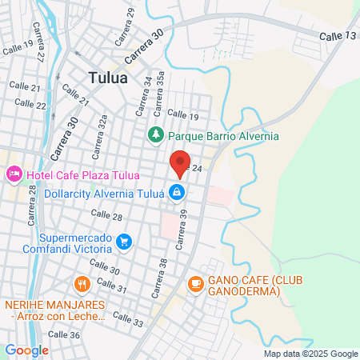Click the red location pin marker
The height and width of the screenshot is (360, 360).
[x=180, y=163]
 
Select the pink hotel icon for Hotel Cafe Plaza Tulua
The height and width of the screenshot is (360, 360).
[x=14, y=174]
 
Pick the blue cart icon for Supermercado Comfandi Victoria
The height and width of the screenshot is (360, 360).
[x=123, y=240]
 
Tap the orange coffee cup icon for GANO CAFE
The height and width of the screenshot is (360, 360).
[x=195, y=283]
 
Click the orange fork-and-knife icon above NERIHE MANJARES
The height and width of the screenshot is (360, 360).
[x=82, y=284]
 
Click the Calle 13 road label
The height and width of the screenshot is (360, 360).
[x=337, y=37]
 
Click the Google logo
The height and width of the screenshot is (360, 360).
[x=26, y=350]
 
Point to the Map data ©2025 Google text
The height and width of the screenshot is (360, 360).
[x=311, y=354]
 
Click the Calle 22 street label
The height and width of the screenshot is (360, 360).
[x=30, y=103]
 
